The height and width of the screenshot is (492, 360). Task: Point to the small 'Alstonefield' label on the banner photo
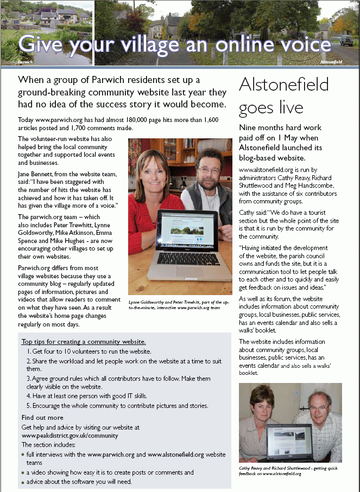tap(331, 62)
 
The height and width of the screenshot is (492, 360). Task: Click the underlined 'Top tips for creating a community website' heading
tap(84, 342)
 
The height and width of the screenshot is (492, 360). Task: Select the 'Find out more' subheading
tap(42, 418)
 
